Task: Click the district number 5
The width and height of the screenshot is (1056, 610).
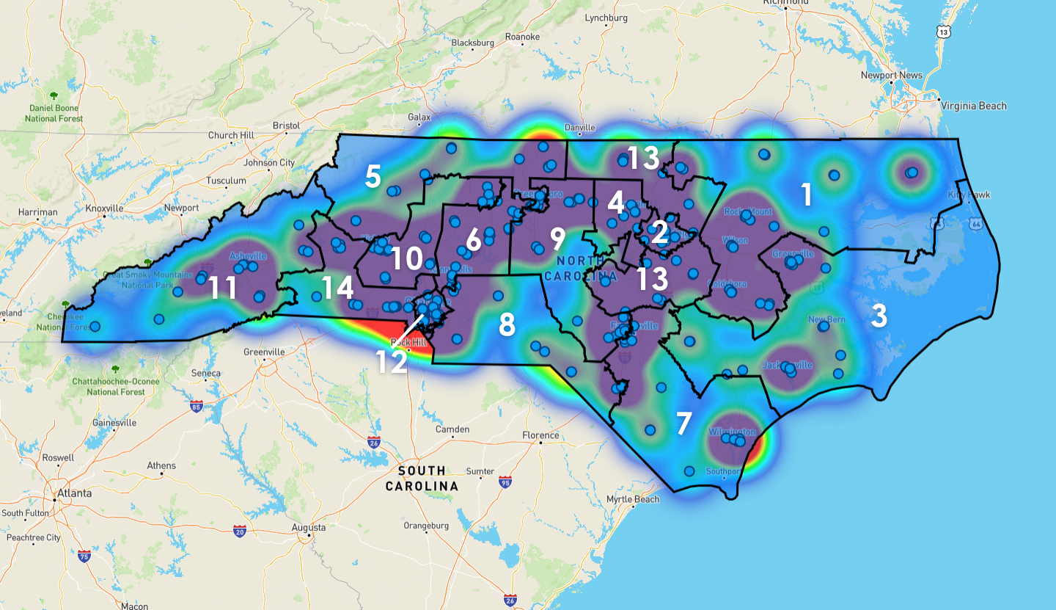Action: pyautogui.click(x=373, y=177)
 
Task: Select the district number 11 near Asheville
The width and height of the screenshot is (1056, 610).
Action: pyautogui.click(x=223, y=288)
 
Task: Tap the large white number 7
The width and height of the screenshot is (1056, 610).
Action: pyautogui.click(x=683, y=424)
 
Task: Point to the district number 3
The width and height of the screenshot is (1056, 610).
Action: pyautogui.click(x=879, y=316)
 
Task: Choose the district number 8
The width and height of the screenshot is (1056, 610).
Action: pyautogui.click(x=507, y=324)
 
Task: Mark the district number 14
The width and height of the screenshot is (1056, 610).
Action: pyautogui.click(x=337, y=287)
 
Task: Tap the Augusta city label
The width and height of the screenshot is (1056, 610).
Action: pyautogui.click(x=308, y=527)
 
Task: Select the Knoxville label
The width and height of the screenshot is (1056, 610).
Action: pyautogui.click(x=105, y=208)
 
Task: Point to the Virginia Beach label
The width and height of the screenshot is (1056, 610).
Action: pyautogui.click(x=973, y=106)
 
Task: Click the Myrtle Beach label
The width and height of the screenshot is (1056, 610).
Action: pyautogui.click(x=632, y=500)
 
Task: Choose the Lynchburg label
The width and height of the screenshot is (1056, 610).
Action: pyautogui.click(x=606, y=18)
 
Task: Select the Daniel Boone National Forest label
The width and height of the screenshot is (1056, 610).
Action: pyautogui.click(x=54, y=113)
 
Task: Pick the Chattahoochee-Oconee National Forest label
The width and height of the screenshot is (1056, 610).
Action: pyautogui.click(x=109, y=386)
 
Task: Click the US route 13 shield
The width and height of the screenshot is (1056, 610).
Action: pyautogui.click(x=942, y=32)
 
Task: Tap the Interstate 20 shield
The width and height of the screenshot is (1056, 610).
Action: pyautogui.click(x=239, y=530)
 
